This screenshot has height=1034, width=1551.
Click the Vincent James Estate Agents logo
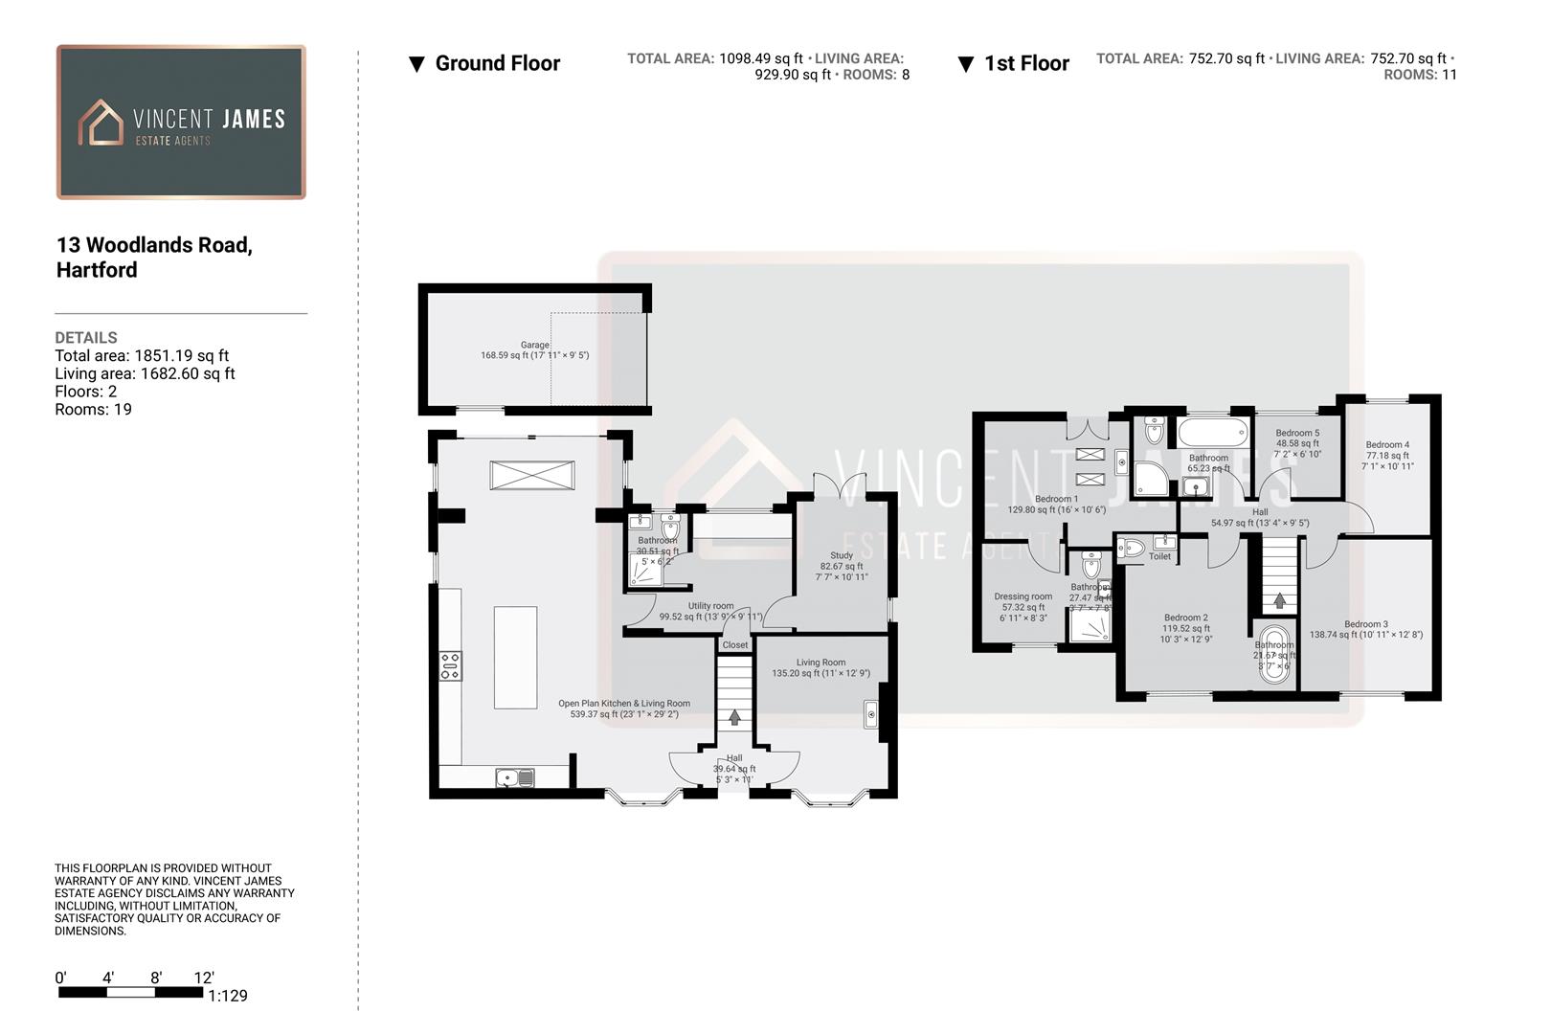pos(181,123)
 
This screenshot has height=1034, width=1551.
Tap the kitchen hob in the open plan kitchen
pos(450,665)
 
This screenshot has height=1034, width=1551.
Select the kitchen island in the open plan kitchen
pos(515,657)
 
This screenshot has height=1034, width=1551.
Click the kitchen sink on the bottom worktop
pos(515,777)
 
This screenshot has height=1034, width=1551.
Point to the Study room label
pos(842,555)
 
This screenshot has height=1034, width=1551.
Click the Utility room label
pos(710,606)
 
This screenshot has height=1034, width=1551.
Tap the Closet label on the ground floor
pos(735,645)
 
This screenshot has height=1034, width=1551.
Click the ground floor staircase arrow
pos(734,717)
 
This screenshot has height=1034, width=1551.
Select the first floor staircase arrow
pos(1279,601)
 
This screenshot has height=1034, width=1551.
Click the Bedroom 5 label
pos(1297,433)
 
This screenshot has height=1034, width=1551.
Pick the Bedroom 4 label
pos(1387,444)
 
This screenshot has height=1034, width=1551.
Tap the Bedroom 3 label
pos(1365,624)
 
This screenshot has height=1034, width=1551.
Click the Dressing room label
pos(1023,596)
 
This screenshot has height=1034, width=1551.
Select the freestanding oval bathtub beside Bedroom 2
pos(1273,654)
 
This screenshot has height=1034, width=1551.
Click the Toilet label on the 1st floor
pos(1159,556)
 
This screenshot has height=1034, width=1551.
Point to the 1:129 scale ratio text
pos(228,996)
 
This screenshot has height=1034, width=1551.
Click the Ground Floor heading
pos(497,63)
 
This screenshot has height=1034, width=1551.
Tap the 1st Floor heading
pos(1026,63)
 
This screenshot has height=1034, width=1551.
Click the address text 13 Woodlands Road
pos(154,245)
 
